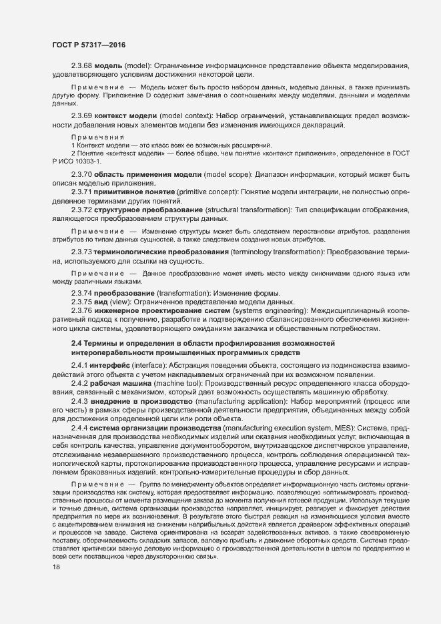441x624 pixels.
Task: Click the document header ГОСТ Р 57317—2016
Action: click(88, 45)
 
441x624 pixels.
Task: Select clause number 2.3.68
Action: click(82, 67)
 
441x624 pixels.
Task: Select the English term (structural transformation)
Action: click(242, 210)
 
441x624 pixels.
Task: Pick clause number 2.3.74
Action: click(82, 294)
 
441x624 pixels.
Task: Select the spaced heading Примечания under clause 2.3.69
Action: click(97, 136)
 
